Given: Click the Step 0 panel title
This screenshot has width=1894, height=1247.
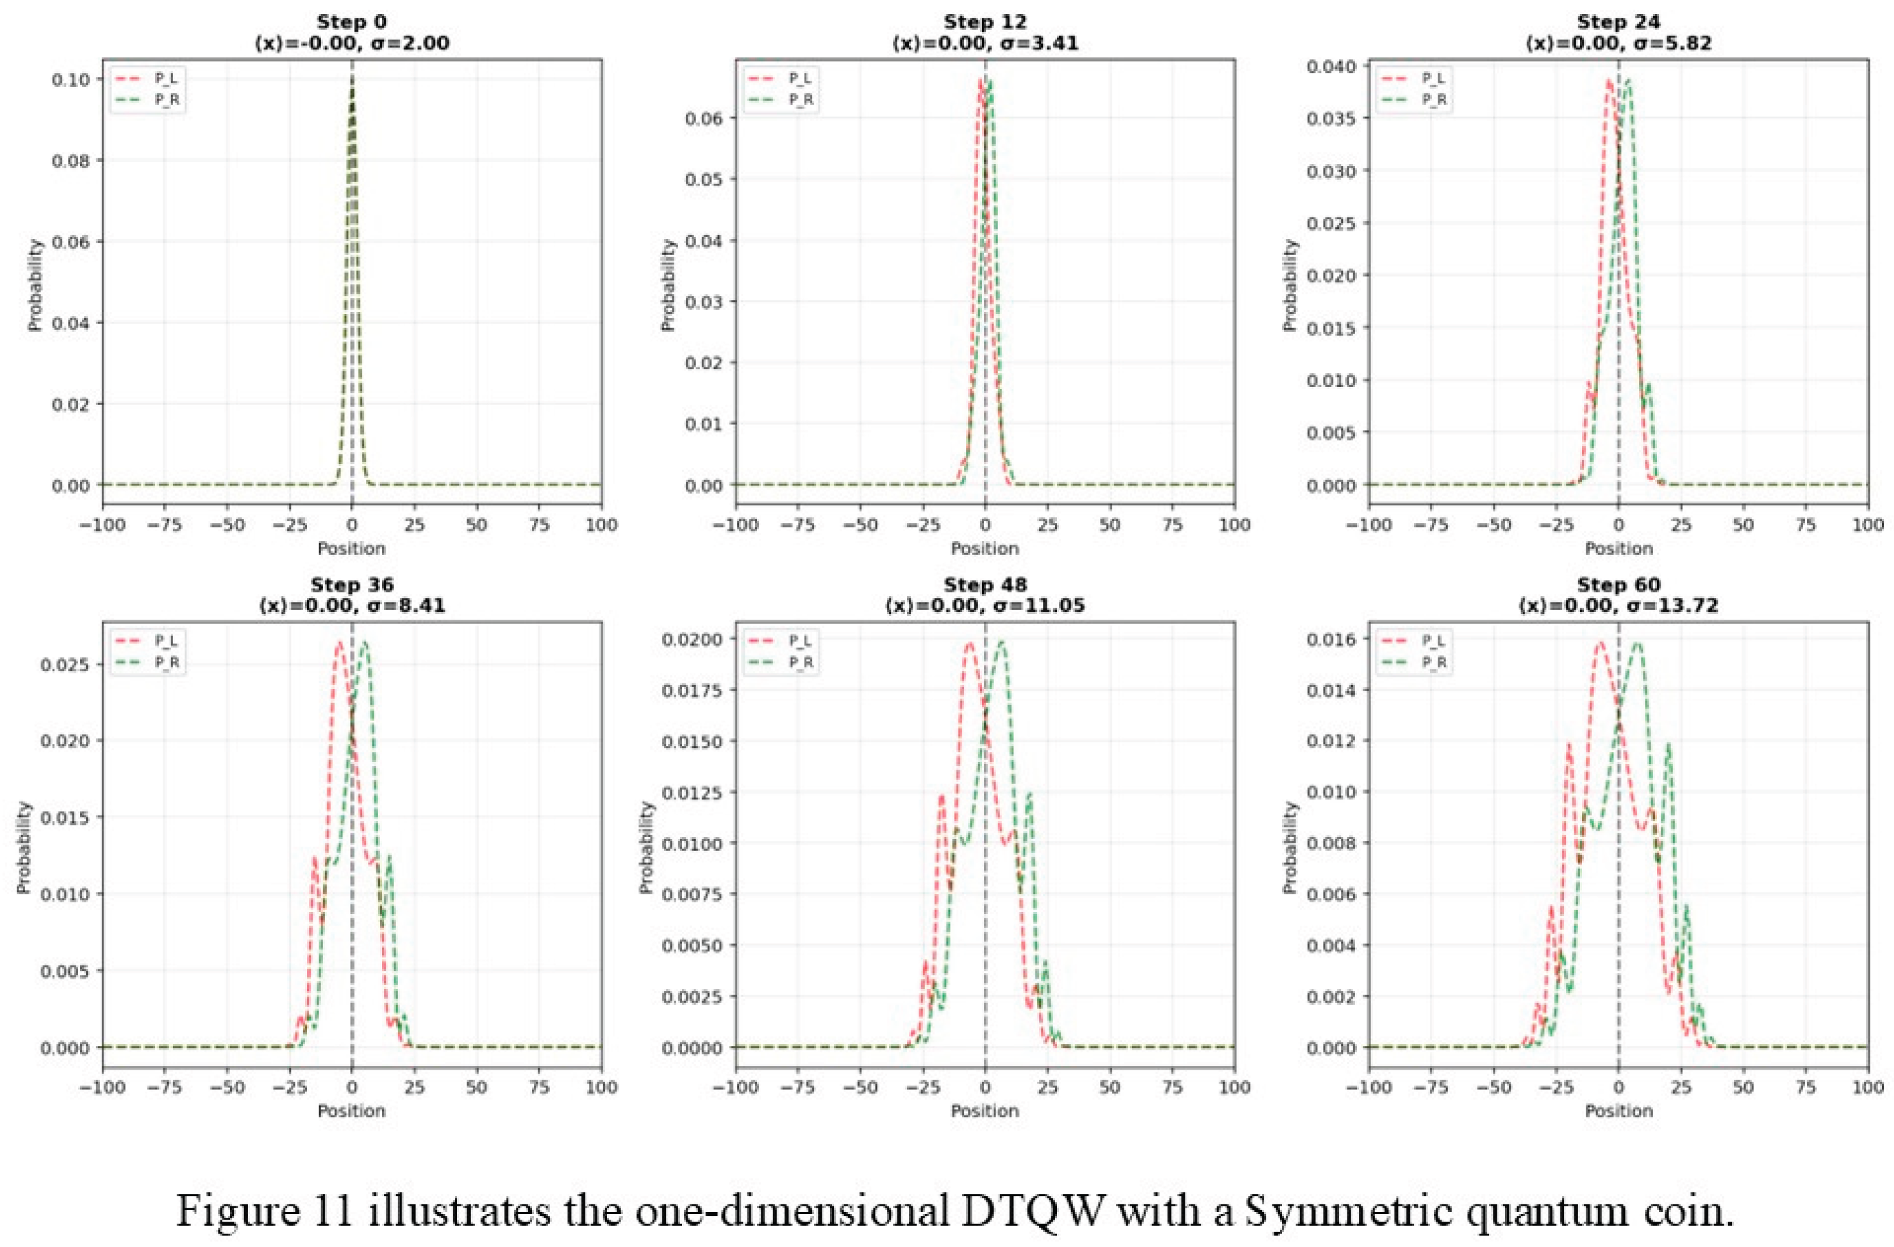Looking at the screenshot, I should pos(351,22).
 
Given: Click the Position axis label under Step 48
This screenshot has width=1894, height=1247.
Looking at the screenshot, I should pos(984,1110).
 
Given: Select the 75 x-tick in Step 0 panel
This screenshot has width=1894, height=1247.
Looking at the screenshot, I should pos(539,525).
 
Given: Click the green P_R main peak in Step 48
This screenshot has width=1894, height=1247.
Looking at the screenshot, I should pos(1001,641).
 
